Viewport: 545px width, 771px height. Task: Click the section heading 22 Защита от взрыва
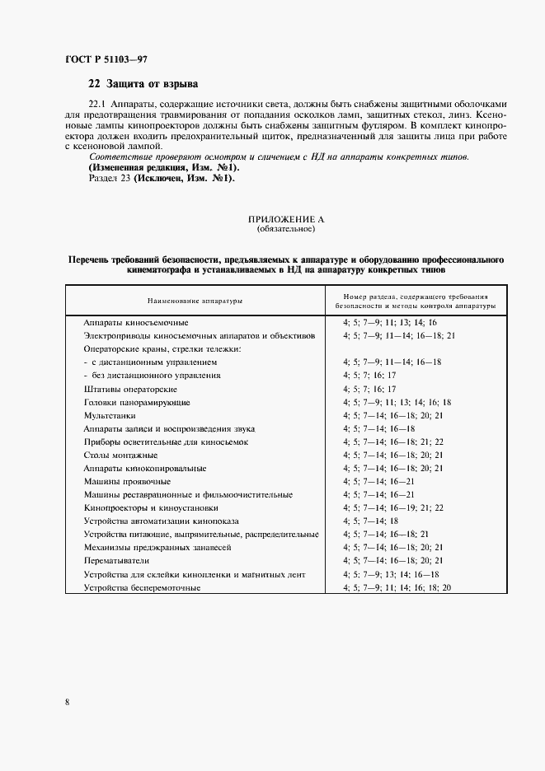coord(143,84)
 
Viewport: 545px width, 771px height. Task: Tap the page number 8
coord(66,701)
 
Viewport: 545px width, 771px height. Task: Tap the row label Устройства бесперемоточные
coord(142,587)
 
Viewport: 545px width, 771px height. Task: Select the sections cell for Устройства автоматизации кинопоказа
coord(370,521)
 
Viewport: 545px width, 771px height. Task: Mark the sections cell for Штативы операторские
coord(369,388)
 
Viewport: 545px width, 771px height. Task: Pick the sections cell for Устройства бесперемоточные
coord(397,587)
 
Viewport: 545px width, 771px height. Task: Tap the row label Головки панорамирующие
coord(137,402)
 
